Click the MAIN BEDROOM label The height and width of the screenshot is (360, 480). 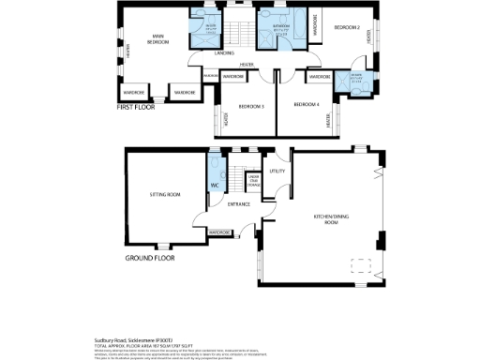point(158,40)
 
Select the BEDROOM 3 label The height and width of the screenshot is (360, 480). point(250,106)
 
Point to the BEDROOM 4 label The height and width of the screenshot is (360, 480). point(306,104)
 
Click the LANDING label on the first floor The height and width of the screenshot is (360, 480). point(224,53)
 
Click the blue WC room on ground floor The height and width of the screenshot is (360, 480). point(213,185)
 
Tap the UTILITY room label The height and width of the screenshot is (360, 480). point(277,172)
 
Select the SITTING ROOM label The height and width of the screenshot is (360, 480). point(165,195)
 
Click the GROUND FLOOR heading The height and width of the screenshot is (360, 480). point(151,257)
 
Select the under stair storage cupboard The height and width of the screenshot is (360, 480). point(253,182)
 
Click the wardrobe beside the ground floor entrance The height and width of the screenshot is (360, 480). point(219,232)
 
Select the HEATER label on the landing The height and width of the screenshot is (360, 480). point(246,65)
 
